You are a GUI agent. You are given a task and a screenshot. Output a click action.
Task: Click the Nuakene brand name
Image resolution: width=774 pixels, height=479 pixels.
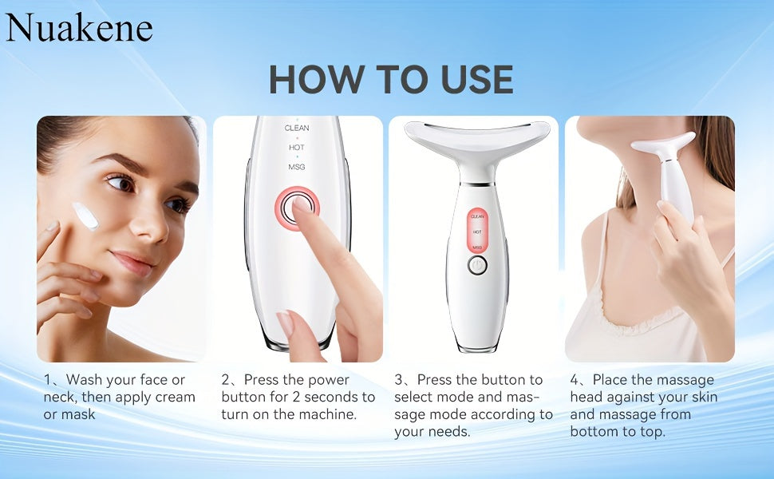[79, 28]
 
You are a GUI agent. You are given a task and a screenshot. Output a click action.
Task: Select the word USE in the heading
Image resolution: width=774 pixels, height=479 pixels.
[467, 79]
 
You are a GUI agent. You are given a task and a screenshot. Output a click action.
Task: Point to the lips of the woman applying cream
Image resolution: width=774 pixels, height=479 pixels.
[132, 263]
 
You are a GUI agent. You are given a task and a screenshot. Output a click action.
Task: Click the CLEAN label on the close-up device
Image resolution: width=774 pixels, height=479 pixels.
[297, 128]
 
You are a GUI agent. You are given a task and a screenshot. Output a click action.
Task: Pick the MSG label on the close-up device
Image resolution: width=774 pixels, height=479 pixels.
[297, 166]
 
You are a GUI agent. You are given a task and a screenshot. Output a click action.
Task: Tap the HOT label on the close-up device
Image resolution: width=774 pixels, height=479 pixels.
[297, 147]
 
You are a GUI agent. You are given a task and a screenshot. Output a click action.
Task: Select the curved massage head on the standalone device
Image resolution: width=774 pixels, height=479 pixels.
[477, 137]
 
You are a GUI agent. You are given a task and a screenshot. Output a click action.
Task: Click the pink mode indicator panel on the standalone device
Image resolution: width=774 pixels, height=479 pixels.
[477, 232]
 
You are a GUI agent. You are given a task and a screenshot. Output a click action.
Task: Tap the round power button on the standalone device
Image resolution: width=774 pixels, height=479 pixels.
[477, 267]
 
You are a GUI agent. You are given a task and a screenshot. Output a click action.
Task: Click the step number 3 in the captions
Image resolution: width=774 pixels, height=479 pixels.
[399, 380]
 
